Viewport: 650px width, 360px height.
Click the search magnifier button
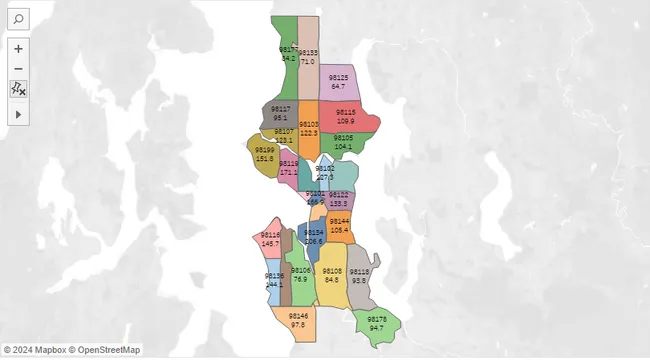[x=19, y=19]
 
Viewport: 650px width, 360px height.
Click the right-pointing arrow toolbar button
[x=19, y=115]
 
